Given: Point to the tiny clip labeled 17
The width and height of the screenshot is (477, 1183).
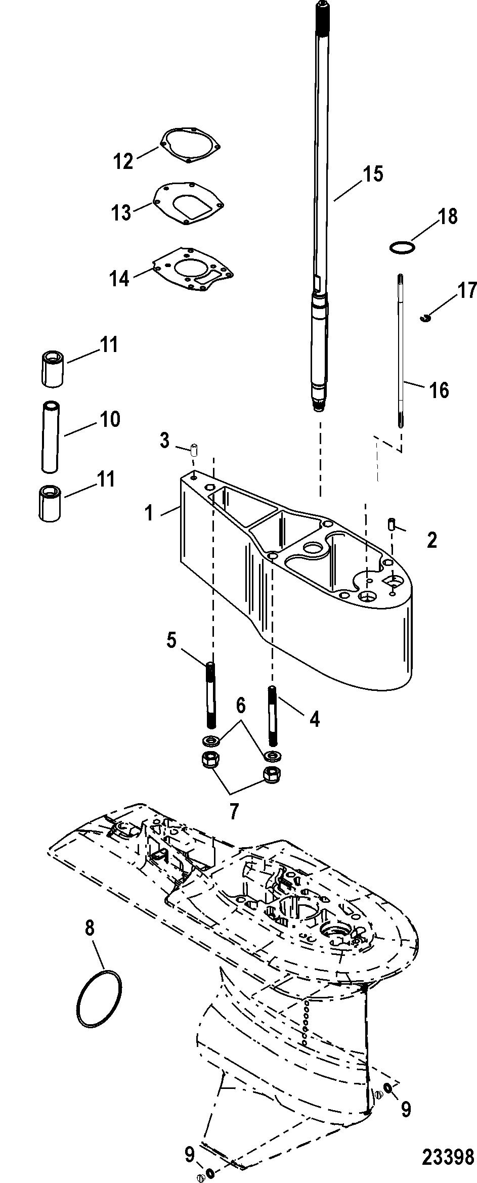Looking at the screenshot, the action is (x=425, y=318).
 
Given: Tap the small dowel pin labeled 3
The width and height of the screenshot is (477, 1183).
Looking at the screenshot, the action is (x=194, y=449).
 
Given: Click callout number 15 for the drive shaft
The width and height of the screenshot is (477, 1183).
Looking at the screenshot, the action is (x=372, y=174).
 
